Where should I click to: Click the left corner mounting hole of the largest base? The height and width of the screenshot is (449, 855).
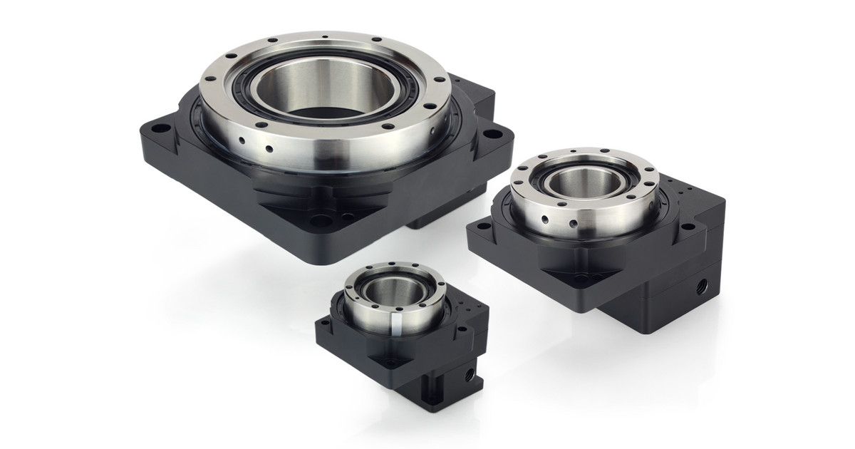162,130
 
